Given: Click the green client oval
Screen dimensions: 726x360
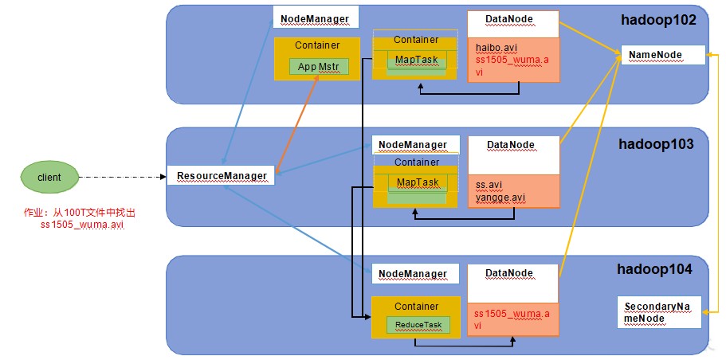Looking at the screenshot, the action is point(49,178).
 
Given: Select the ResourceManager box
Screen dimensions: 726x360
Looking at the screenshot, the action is point(221,175).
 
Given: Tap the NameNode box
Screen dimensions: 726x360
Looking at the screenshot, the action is point(662,55).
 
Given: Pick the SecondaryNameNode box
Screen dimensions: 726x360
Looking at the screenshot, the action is point(659,312).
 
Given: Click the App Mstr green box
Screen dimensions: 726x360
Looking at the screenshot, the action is point(318,67).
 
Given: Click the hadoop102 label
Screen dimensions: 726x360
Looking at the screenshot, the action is point(659,19).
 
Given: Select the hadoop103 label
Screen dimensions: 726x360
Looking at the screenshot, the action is point(656,144).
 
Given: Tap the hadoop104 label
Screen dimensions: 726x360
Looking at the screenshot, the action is point(655,269).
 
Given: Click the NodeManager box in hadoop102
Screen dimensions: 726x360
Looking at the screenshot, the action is point(316,18).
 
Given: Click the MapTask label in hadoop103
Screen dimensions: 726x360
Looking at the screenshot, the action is point(417,182).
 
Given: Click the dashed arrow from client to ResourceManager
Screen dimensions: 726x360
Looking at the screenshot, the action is point(123,177).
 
